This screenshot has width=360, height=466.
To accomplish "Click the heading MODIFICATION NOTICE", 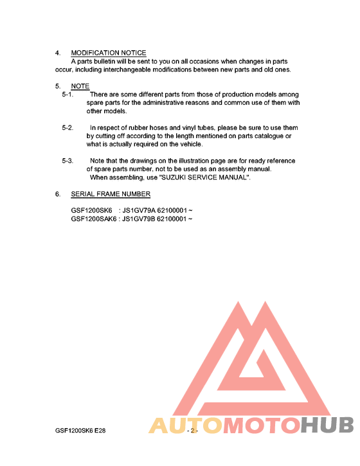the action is [108, 53].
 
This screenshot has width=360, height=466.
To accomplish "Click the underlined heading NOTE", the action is [80, 86].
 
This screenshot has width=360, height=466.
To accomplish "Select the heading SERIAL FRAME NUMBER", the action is [111, 194].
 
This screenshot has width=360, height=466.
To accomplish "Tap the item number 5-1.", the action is [68, 94].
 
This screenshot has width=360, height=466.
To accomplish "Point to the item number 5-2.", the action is [68, 128].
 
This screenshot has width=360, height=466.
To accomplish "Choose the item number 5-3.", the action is [68, 161].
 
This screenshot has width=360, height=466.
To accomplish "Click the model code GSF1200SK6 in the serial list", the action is [91, 211].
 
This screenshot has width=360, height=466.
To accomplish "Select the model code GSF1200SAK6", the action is [94, 219].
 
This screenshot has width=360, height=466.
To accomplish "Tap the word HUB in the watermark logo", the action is [327, 426].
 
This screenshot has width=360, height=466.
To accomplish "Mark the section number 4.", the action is [58, 53].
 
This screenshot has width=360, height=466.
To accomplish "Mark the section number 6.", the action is [58, 194].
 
